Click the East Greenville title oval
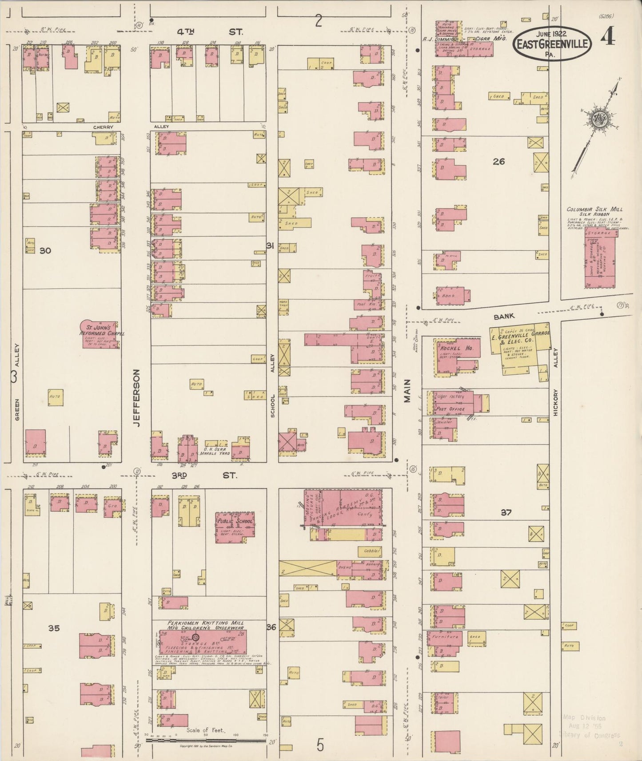[x=552, y=44]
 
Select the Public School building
[x=235, y=524]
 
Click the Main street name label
[x=407, y=391]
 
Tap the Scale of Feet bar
[x=206, y=740]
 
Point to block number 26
[x=498, y=162]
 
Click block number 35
[x=54, y=628]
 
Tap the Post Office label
[x=451, y=409]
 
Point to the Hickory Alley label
[x=555, y=382]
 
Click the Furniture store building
[x=445, y=638]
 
